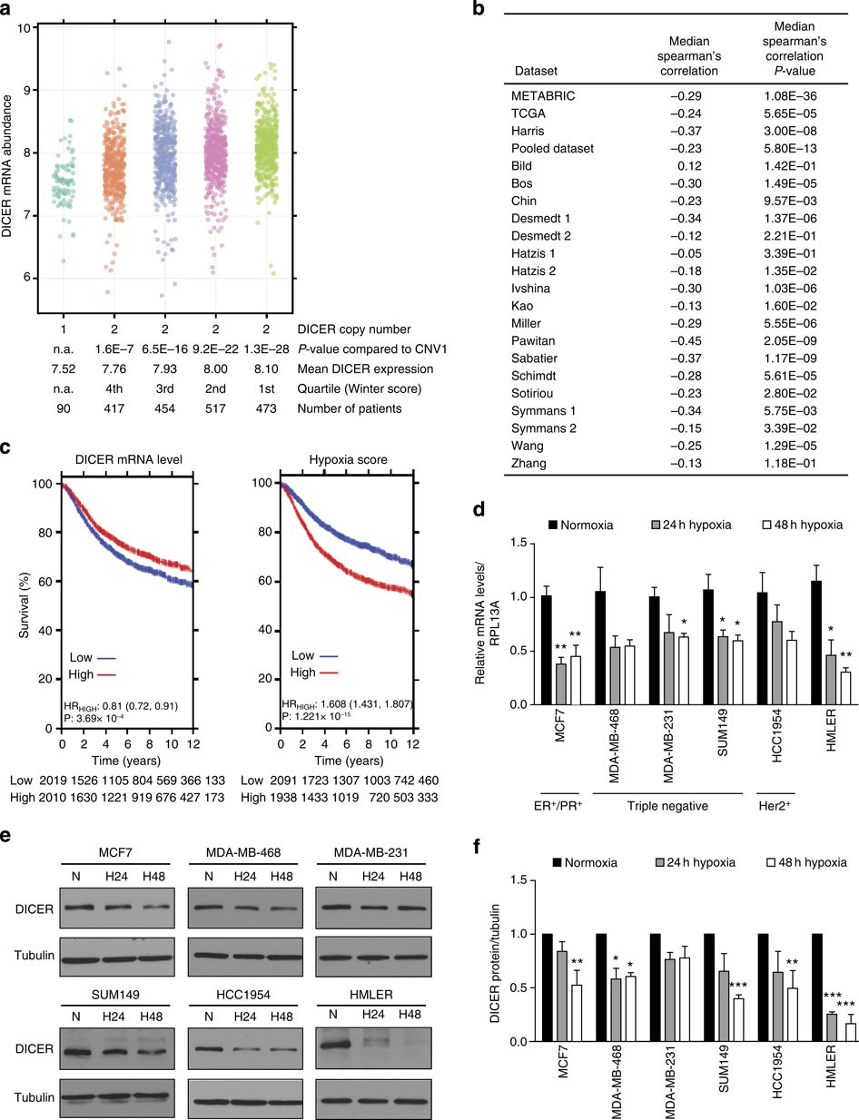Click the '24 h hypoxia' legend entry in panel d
(686, 525)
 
